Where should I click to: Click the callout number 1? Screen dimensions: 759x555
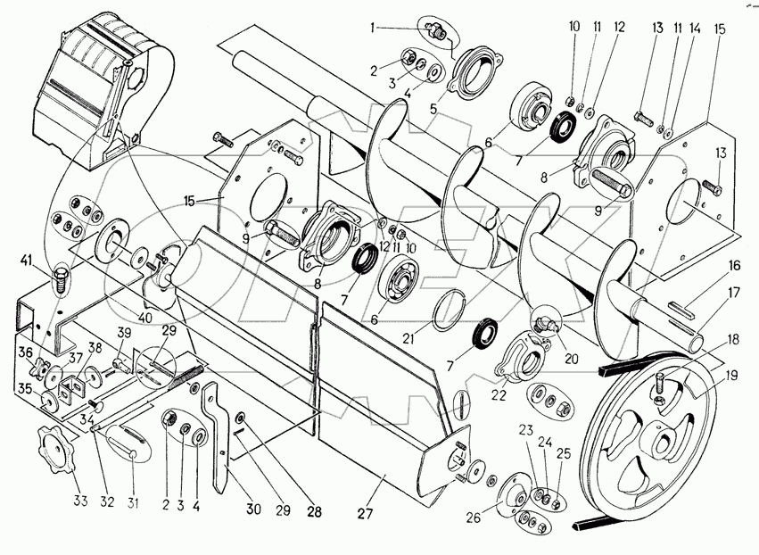click(372, 28)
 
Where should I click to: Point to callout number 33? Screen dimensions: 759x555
click(80, 501)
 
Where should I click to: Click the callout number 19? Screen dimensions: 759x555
click(731, 376)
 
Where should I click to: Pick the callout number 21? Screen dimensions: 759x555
click(409, 338)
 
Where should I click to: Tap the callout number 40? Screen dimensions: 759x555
click(144, 318)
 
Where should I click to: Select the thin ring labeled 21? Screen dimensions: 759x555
click(450, 310)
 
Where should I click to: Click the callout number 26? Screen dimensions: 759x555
click(474, 518)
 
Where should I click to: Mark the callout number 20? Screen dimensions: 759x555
click(572, 359)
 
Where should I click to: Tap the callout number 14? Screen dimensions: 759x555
click(695, 28)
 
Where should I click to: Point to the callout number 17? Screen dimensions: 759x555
click(734, 293)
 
